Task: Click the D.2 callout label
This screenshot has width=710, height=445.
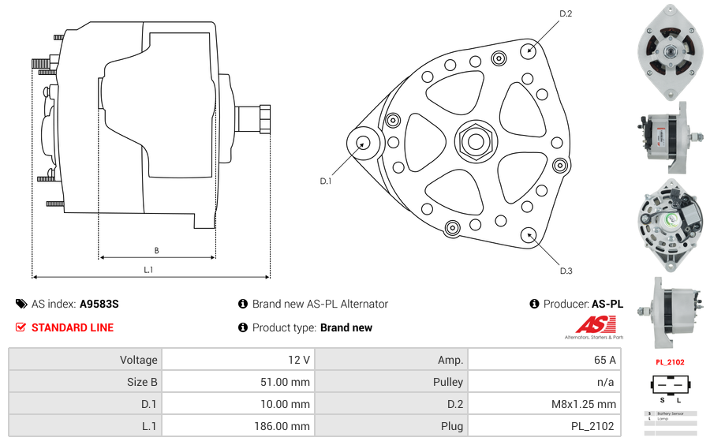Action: point(565,13)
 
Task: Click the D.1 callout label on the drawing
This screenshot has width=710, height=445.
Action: point(325,181)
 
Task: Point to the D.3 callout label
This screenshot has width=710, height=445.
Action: point(566,271)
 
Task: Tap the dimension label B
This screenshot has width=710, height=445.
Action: point(156,251)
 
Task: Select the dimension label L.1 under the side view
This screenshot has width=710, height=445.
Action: point(148,270)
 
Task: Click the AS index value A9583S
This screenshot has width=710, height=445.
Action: point(99,304)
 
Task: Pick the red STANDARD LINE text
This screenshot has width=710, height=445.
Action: point(73,327)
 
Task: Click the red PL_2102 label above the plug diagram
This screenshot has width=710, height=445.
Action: point(670,362)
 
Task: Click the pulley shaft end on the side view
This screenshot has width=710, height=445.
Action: point(264,119)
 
